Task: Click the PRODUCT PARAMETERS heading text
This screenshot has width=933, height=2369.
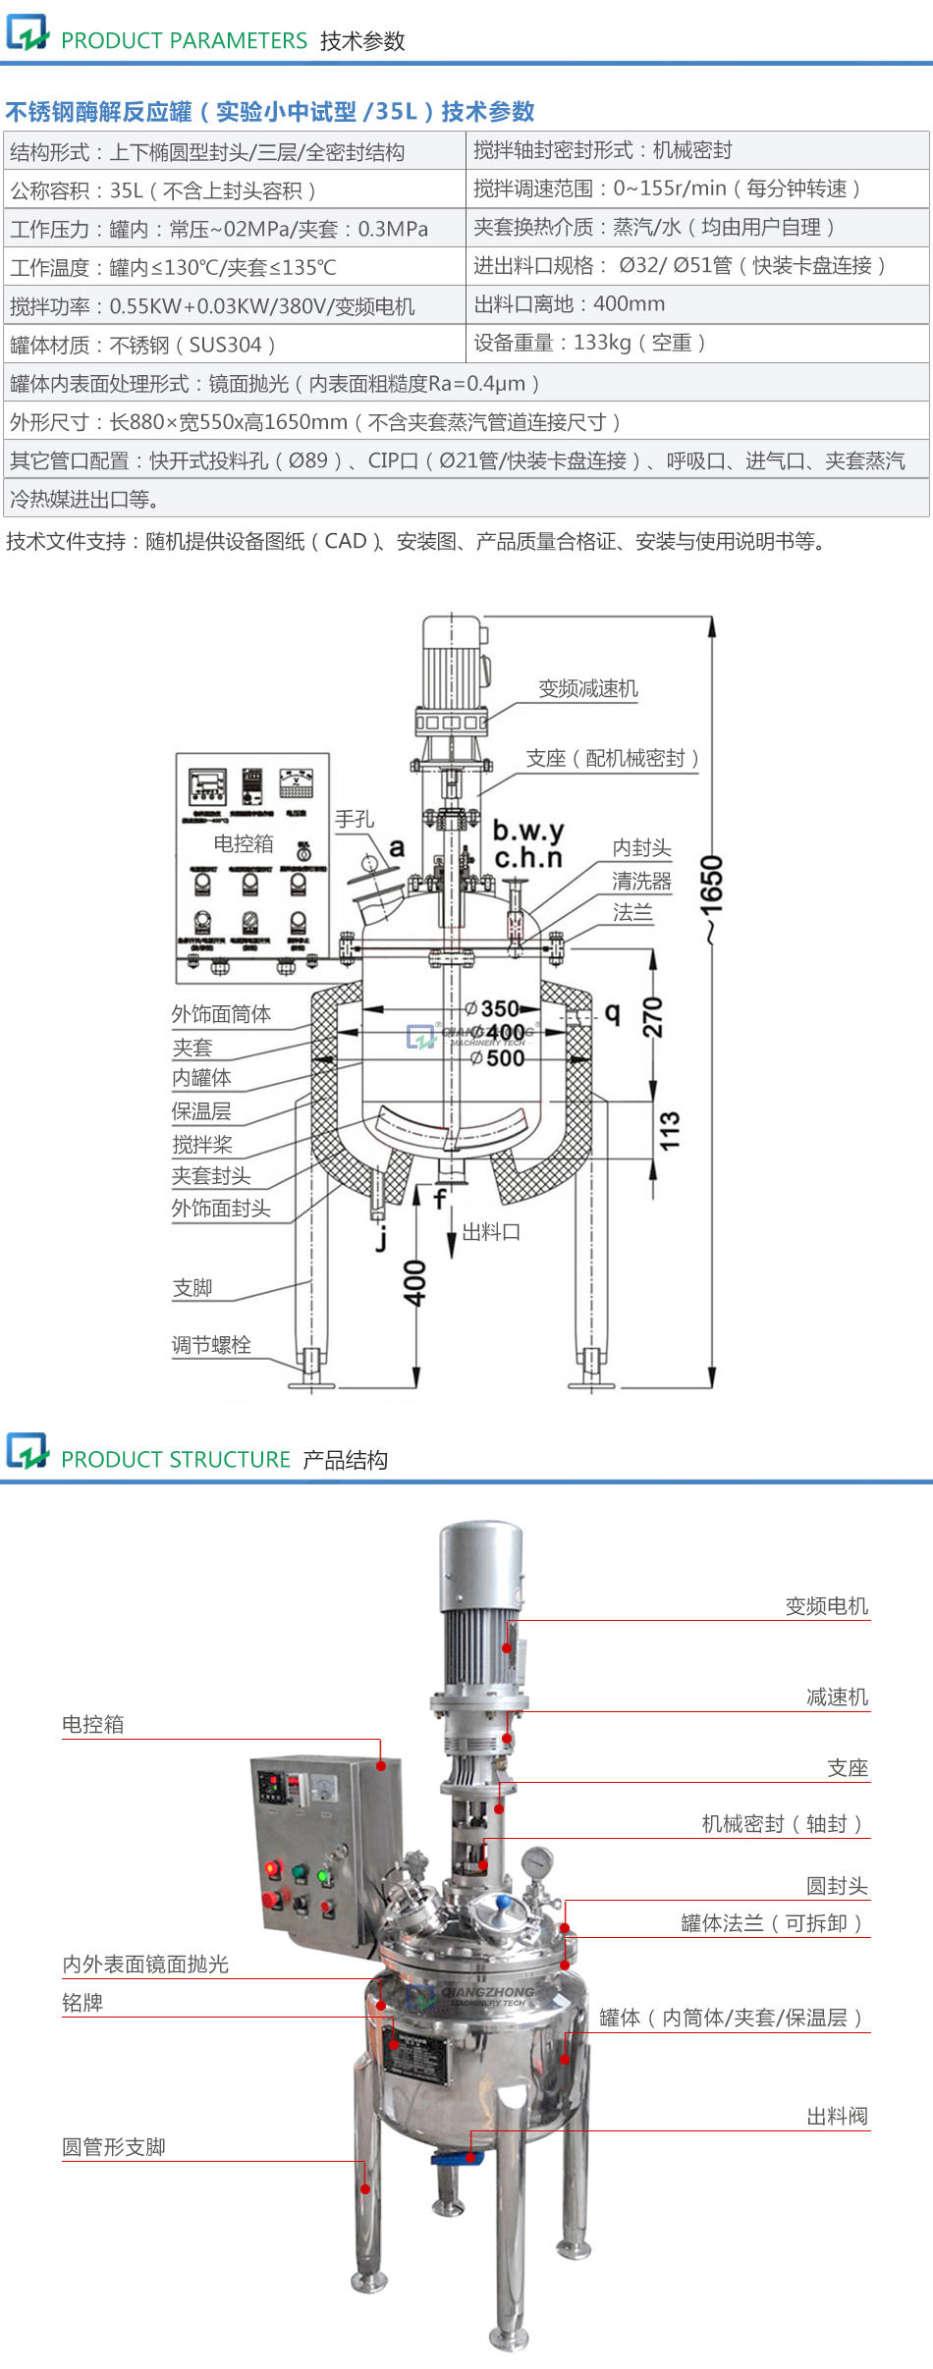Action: [184, 40]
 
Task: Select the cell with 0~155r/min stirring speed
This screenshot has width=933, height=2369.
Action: [668, 188]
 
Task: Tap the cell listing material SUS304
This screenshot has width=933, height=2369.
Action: [142, 345]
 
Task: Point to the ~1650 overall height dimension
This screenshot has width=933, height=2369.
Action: [712, 898]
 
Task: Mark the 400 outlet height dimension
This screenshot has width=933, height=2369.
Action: [415, 1282]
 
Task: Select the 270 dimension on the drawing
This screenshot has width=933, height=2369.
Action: [653, 1017]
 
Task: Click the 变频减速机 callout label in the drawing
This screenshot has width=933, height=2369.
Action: [587, 688]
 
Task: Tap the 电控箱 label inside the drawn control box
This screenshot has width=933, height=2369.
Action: [244, 843]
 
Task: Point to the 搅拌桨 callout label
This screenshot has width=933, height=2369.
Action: [202, 1144]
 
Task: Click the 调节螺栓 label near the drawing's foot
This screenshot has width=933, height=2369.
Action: [211, 1344]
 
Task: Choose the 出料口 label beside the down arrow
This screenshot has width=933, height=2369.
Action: [491, 1231]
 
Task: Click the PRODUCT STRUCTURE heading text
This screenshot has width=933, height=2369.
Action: [176, 1459]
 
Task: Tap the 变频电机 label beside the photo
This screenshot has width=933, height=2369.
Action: [826, 1606]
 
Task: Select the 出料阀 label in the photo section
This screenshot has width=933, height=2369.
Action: [837, 2117]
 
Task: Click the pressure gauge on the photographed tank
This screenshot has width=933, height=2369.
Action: [537, 1859]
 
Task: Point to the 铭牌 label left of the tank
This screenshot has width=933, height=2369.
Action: [82, 2003]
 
